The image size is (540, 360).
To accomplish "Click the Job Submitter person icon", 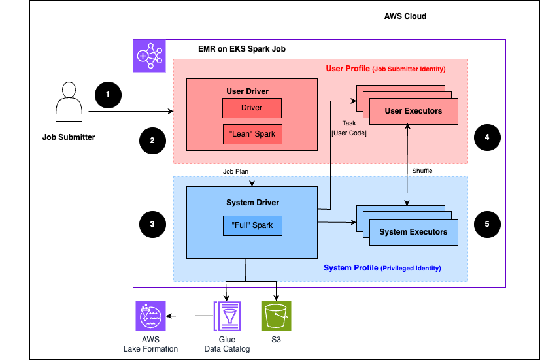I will (69, 103).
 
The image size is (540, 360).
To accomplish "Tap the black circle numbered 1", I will (108, 95).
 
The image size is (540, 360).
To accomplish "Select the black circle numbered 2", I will (152, 139).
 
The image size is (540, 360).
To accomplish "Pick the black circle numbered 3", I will (152, 223).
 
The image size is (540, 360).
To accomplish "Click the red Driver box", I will (252, 108).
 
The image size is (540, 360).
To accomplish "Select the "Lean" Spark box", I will (252, 134).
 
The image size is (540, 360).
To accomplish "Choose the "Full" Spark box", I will (252, 225).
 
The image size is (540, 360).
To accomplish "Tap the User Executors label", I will (413, 111).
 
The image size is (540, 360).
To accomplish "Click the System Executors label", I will (413, 232).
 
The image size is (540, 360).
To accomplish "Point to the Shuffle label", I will (422, 171).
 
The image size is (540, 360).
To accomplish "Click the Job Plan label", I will (237, 171).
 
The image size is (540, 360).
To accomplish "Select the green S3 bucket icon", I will (276, 318).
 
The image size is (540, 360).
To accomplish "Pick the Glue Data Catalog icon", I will (227, 319).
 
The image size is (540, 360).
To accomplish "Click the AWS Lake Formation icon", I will (150, 317).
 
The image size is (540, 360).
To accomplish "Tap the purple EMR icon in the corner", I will (150, 56).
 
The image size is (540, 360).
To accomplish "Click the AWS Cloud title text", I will (405, 16).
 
